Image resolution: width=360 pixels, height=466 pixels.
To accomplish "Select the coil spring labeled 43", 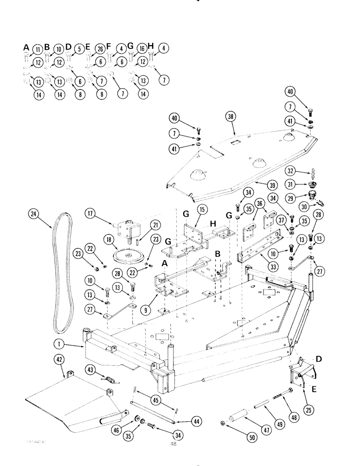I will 110,381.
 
